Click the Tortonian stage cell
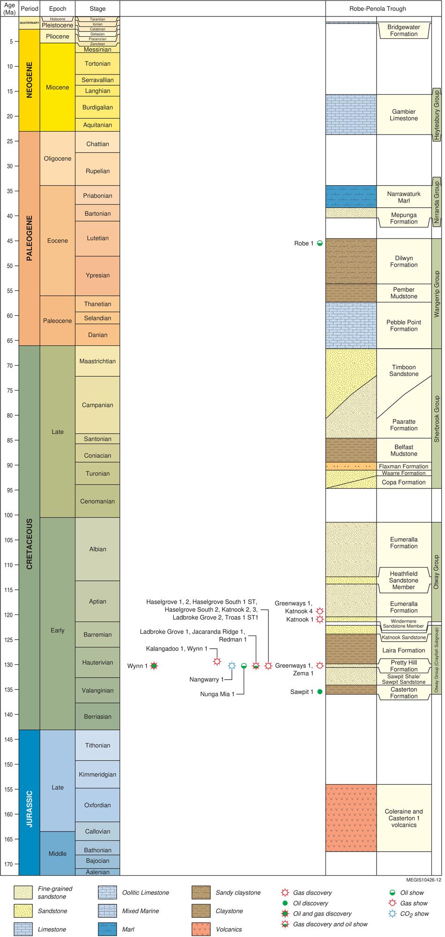coord(97,64)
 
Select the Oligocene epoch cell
coord(57,158)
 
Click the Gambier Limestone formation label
coord(403,115)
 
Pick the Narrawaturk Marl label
coord(403,197)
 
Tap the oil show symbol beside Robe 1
coord(320,243)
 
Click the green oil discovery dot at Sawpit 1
coord(320,691)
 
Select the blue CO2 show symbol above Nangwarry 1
coord(231,666)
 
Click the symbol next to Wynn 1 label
coord(154,666)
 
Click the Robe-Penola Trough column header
coord(378,8)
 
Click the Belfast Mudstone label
coord(403,450)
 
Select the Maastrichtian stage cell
coord(97,361)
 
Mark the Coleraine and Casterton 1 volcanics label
coord(403,818)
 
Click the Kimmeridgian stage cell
coord(97,774)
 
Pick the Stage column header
coord(97,8)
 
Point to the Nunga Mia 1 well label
coord(217,694)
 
